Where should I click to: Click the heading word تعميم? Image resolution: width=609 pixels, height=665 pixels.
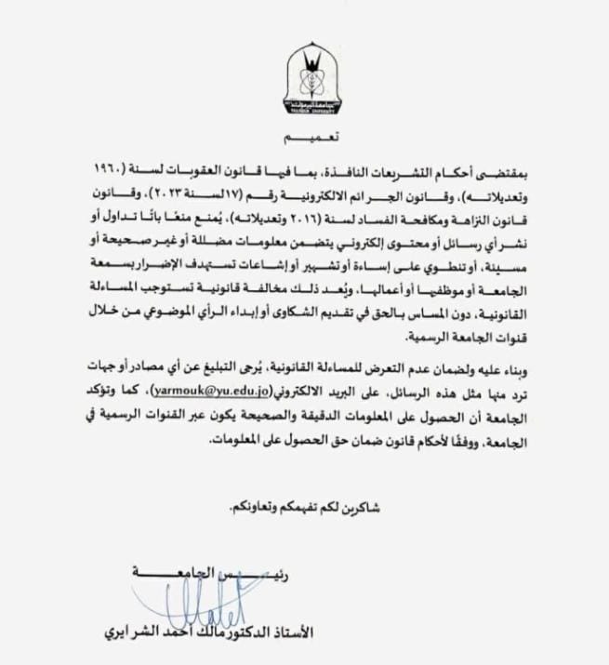point(311,138)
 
